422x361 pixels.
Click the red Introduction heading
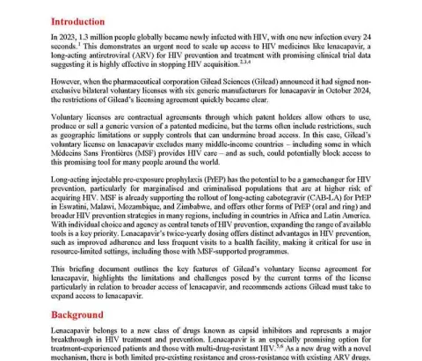(78, 20)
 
